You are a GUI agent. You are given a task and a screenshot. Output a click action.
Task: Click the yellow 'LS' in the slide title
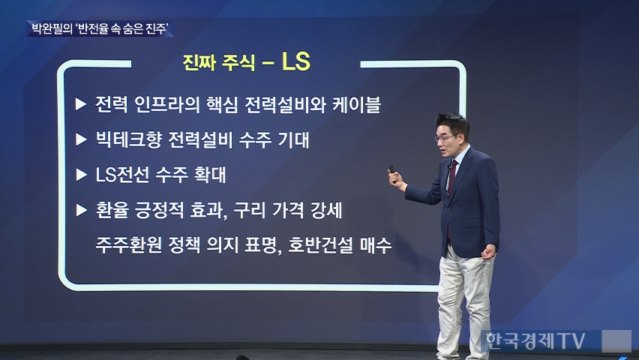(x=296, y=61)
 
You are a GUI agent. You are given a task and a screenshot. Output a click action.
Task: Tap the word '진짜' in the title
(x=199, y=63)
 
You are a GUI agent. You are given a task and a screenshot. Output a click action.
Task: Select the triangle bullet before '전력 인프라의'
(x=81, y=104)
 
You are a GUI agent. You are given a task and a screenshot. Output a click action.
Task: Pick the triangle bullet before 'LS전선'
(x=82, y=175)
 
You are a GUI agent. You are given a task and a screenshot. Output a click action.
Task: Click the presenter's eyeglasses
(x=446, y=137)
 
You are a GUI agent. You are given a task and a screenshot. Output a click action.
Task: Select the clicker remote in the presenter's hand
(x=391, y=170)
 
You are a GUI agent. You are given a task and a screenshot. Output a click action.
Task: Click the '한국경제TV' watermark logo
(x=535, y=340)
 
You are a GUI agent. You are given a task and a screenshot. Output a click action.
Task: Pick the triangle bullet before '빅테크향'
(x=82, y=139)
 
